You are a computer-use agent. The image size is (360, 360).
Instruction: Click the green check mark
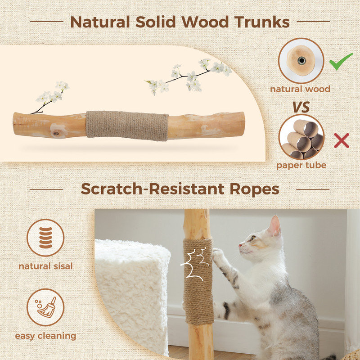(341, 62)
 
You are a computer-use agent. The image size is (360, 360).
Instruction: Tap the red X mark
(342, 141)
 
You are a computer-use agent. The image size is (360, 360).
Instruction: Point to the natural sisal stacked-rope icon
(45, 238)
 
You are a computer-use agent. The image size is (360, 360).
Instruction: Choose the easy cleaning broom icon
(45, 307)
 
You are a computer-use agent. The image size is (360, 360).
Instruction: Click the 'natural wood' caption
(300, 89)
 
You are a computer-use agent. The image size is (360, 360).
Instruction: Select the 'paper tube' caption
(301, 165)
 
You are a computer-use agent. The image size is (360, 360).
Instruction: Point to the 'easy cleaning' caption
(45, 336)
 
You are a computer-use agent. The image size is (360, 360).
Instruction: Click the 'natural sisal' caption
(45, 266)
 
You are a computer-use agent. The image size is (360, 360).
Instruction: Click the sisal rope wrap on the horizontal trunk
(127, 126)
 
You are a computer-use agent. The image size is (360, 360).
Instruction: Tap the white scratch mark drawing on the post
(193, 263)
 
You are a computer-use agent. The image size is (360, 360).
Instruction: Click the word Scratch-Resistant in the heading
(153, 189)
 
